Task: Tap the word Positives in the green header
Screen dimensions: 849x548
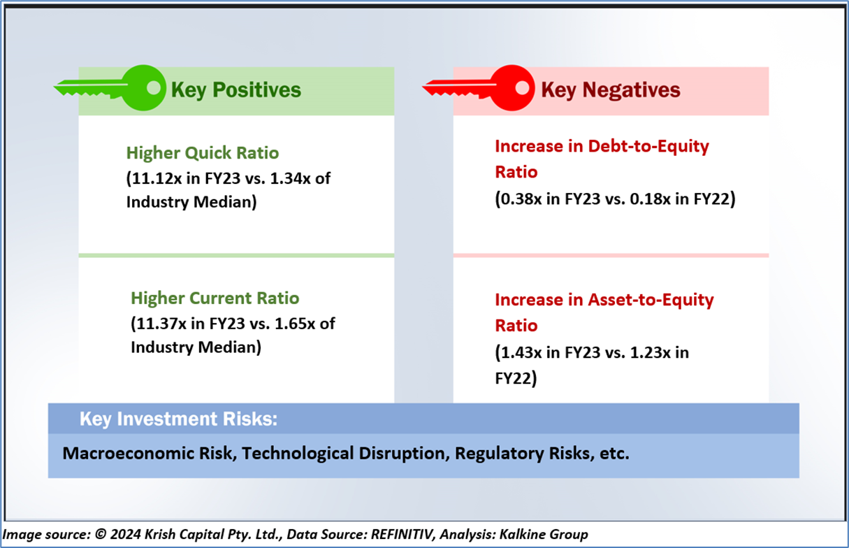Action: tap(257, 90)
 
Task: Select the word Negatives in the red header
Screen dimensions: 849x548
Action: tap(632, 90)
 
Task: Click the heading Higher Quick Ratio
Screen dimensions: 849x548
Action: tap(203, 153)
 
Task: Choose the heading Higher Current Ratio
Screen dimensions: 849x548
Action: tap(215, 298)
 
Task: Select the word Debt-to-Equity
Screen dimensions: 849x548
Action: tap(648, 146)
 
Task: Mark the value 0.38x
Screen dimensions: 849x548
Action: tap(521, 199)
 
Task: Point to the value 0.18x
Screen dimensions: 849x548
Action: tap(651, 199)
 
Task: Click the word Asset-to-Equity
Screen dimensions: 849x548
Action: tap(651, 300)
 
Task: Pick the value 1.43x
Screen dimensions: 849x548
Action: tap(521, 353)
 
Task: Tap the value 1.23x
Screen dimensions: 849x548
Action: tap(651, 353)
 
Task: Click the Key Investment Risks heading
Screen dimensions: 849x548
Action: tap(178, 419)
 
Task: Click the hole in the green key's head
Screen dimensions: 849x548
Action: tap(154, 88)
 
